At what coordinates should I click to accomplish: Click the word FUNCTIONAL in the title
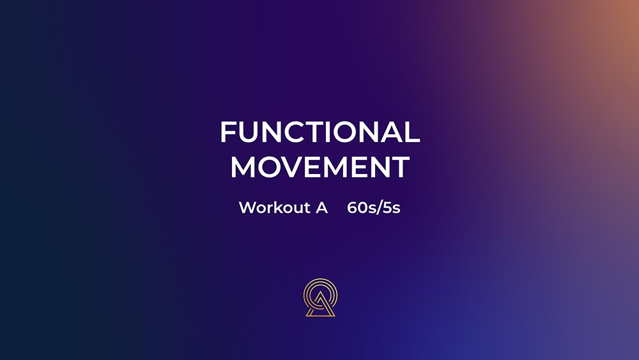320,132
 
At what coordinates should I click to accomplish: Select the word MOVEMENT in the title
320,167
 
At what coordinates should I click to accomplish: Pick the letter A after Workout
321,208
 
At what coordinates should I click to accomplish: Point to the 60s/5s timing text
374,208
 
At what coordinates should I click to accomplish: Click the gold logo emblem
320,297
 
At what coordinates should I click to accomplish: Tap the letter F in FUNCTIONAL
228,132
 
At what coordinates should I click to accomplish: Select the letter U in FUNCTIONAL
250,132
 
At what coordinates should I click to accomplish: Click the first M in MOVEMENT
242,167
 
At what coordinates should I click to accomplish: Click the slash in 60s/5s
378,208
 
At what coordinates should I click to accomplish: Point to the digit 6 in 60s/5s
353,208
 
